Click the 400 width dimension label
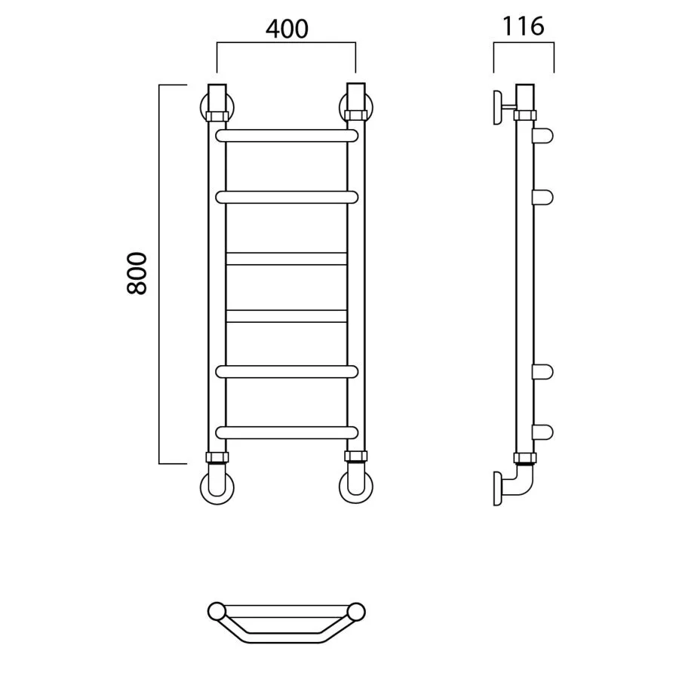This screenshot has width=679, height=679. pos(287,29)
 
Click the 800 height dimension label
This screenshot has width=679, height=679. pos(137,273)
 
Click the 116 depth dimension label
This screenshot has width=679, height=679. pos(523,26)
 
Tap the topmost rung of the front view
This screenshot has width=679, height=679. pos(287,136)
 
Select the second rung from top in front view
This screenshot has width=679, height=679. pos(287,198)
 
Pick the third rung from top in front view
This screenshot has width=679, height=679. pos(286,259)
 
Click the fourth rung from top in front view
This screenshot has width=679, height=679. pos(286,316)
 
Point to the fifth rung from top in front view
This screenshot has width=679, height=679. pos(287,372)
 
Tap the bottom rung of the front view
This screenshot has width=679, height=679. pos(287,432)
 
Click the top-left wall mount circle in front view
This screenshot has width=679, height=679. pos(203,108)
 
